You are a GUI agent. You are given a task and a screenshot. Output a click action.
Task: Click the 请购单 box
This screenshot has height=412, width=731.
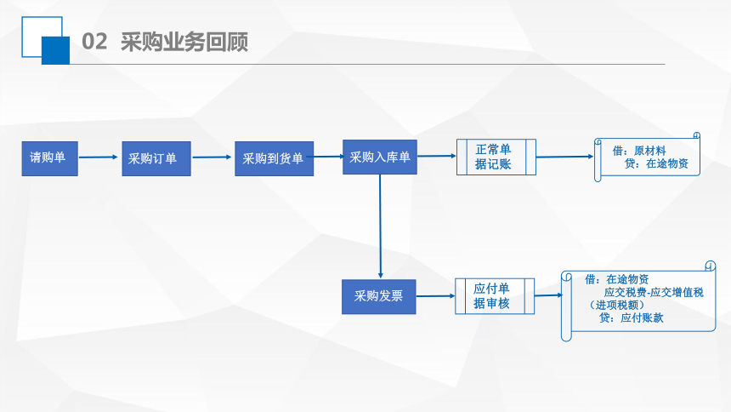(50, 158)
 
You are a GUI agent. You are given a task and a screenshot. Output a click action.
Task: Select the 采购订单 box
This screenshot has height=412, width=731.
(156, 158)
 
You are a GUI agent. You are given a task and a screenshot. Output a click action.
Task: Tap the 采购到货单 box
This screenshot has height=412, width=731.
(274, 158)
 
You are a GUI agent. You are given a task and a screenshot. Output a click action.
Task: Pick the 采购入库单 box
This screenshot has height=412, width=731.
(380, 157)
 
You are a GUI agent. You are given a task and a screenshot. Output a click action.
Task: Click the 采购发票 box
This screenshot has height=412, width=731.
(378, 296)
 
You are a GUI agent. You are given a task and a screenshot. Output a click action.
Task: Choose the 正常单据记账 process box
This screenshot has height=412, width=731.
(496, 157)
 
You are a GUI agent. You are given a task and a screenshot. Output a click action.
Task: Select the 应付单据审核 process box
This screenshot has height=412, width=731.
(495, 296)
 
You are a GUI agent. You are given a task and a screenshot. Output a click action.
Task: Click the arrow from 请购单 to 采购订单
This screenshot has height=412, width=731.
(99, 157)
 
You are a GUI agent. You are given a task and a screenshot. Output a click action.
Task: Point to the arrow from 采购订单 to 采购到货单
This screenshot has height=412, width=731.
(212, 157)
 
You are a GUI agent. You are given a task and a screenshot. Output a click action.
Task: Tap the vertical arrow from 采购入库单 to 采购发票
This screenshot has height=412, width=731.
(381, 226)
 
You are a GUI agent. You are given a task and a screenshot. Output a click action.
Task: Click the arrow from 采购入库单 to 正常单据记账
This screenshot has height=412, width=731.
(437, 156)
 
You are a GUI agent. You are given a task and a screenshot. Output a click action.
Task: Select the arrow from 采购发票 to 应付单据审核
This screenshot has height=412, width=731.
(435, 295)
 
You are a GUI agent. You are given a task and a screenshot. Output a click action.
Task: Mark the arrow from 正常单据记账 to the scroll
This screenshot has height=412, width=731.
(565, 157)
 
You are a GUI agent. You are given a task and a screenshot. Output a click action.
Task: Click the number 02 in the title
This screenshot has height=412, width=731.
(94, 42)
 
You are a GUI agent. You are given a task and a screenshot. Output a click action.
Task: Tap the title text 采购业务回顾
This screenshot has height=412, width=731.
(184, 42)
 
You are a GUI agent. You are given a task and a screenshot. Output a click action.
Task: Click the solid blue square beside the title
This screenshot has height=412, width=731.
(55, 50)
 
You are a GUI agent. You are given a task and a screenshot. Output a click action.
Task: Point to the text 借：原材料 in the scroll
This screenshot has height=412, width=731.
(639, 151)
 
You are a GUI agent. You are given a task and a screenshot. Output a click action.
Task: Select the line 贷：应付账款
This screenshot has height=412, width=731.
(632, 318)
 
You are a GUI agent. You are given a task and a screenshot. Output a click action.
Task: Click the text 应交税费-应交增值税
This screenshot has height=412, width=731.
(654, 293)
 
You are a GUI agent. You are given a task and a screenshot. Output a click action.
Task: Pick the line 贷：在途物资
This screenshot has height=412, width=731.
(656, 163)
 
